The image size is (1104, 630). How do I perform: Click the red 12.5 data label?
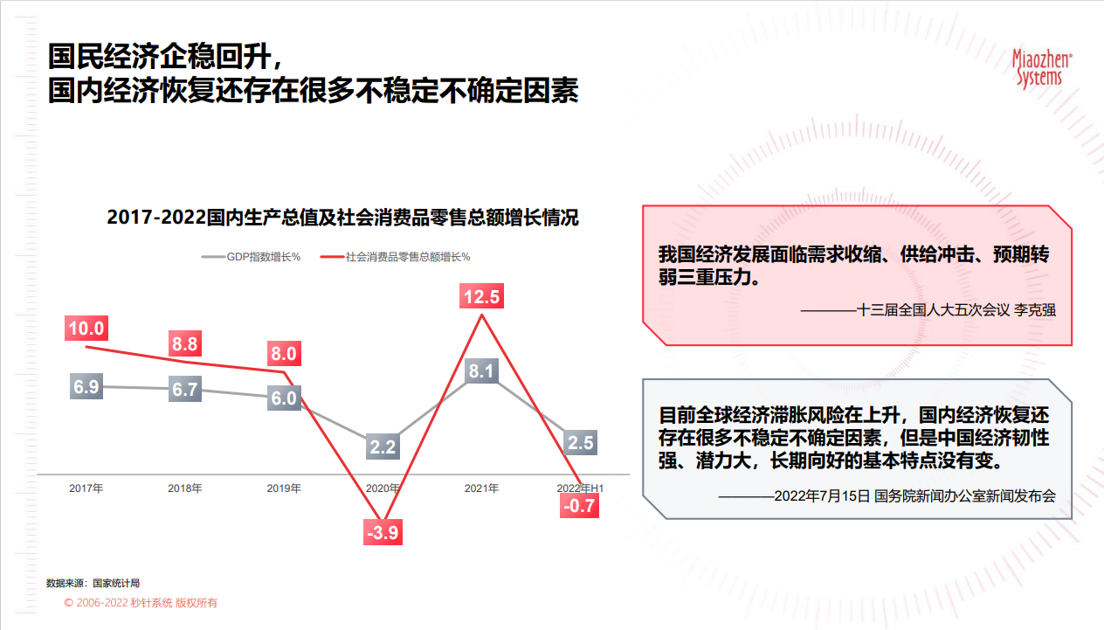tap(481, 296)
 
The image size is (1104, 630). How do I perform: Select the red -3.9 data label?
tap(383, 532)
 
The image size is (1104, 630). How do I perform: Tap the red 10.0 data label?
tap(86, 329)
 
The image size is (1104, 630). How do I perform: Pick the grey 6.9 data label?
tap(86, 386)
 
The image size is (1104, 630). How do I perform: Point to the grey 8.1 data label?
tap(481, 370)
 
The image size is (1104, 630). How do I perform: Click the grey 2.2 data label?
tap(383, 447)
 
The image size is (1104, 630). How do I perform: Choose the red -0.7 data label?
tap(580, 505)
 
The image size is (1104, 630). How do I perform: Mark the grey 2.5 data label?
tap(581, 442)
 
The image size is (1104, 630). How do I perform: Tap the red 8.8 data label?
tap(185, 343)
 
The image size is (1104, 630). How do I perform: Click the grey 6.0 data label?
tap(284, 398)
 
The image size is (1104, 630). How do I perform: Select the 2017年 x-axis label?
tap(86, 488)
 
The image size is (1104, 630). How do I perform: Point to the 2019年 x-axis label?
tap(284, 488)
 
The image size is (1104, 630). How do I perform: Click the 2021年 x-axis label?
tap(481, 488)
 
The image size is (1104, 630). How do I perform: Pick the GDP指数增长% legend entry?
tap(252, 257)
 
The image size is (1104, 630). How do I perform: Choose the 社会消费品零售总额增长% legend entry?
tap(396, 257)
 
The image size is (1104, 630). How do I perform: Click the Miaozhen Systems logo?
tap(1041, 69)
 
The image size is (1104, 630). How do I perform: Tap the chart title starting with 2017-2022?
tap(342, 218)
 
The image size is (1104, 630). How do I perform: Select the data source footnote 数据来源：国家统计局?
tap(93, 583)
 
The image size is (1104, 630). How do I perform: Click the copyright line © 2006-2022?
tap(141, 603)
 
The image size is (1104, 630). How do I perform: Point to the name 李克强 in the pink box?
tap(1035, 310)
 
